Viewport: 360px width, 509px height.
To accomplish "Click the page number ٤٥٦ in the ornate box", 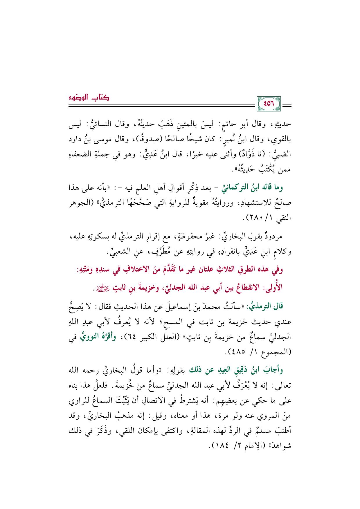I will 269,104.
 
